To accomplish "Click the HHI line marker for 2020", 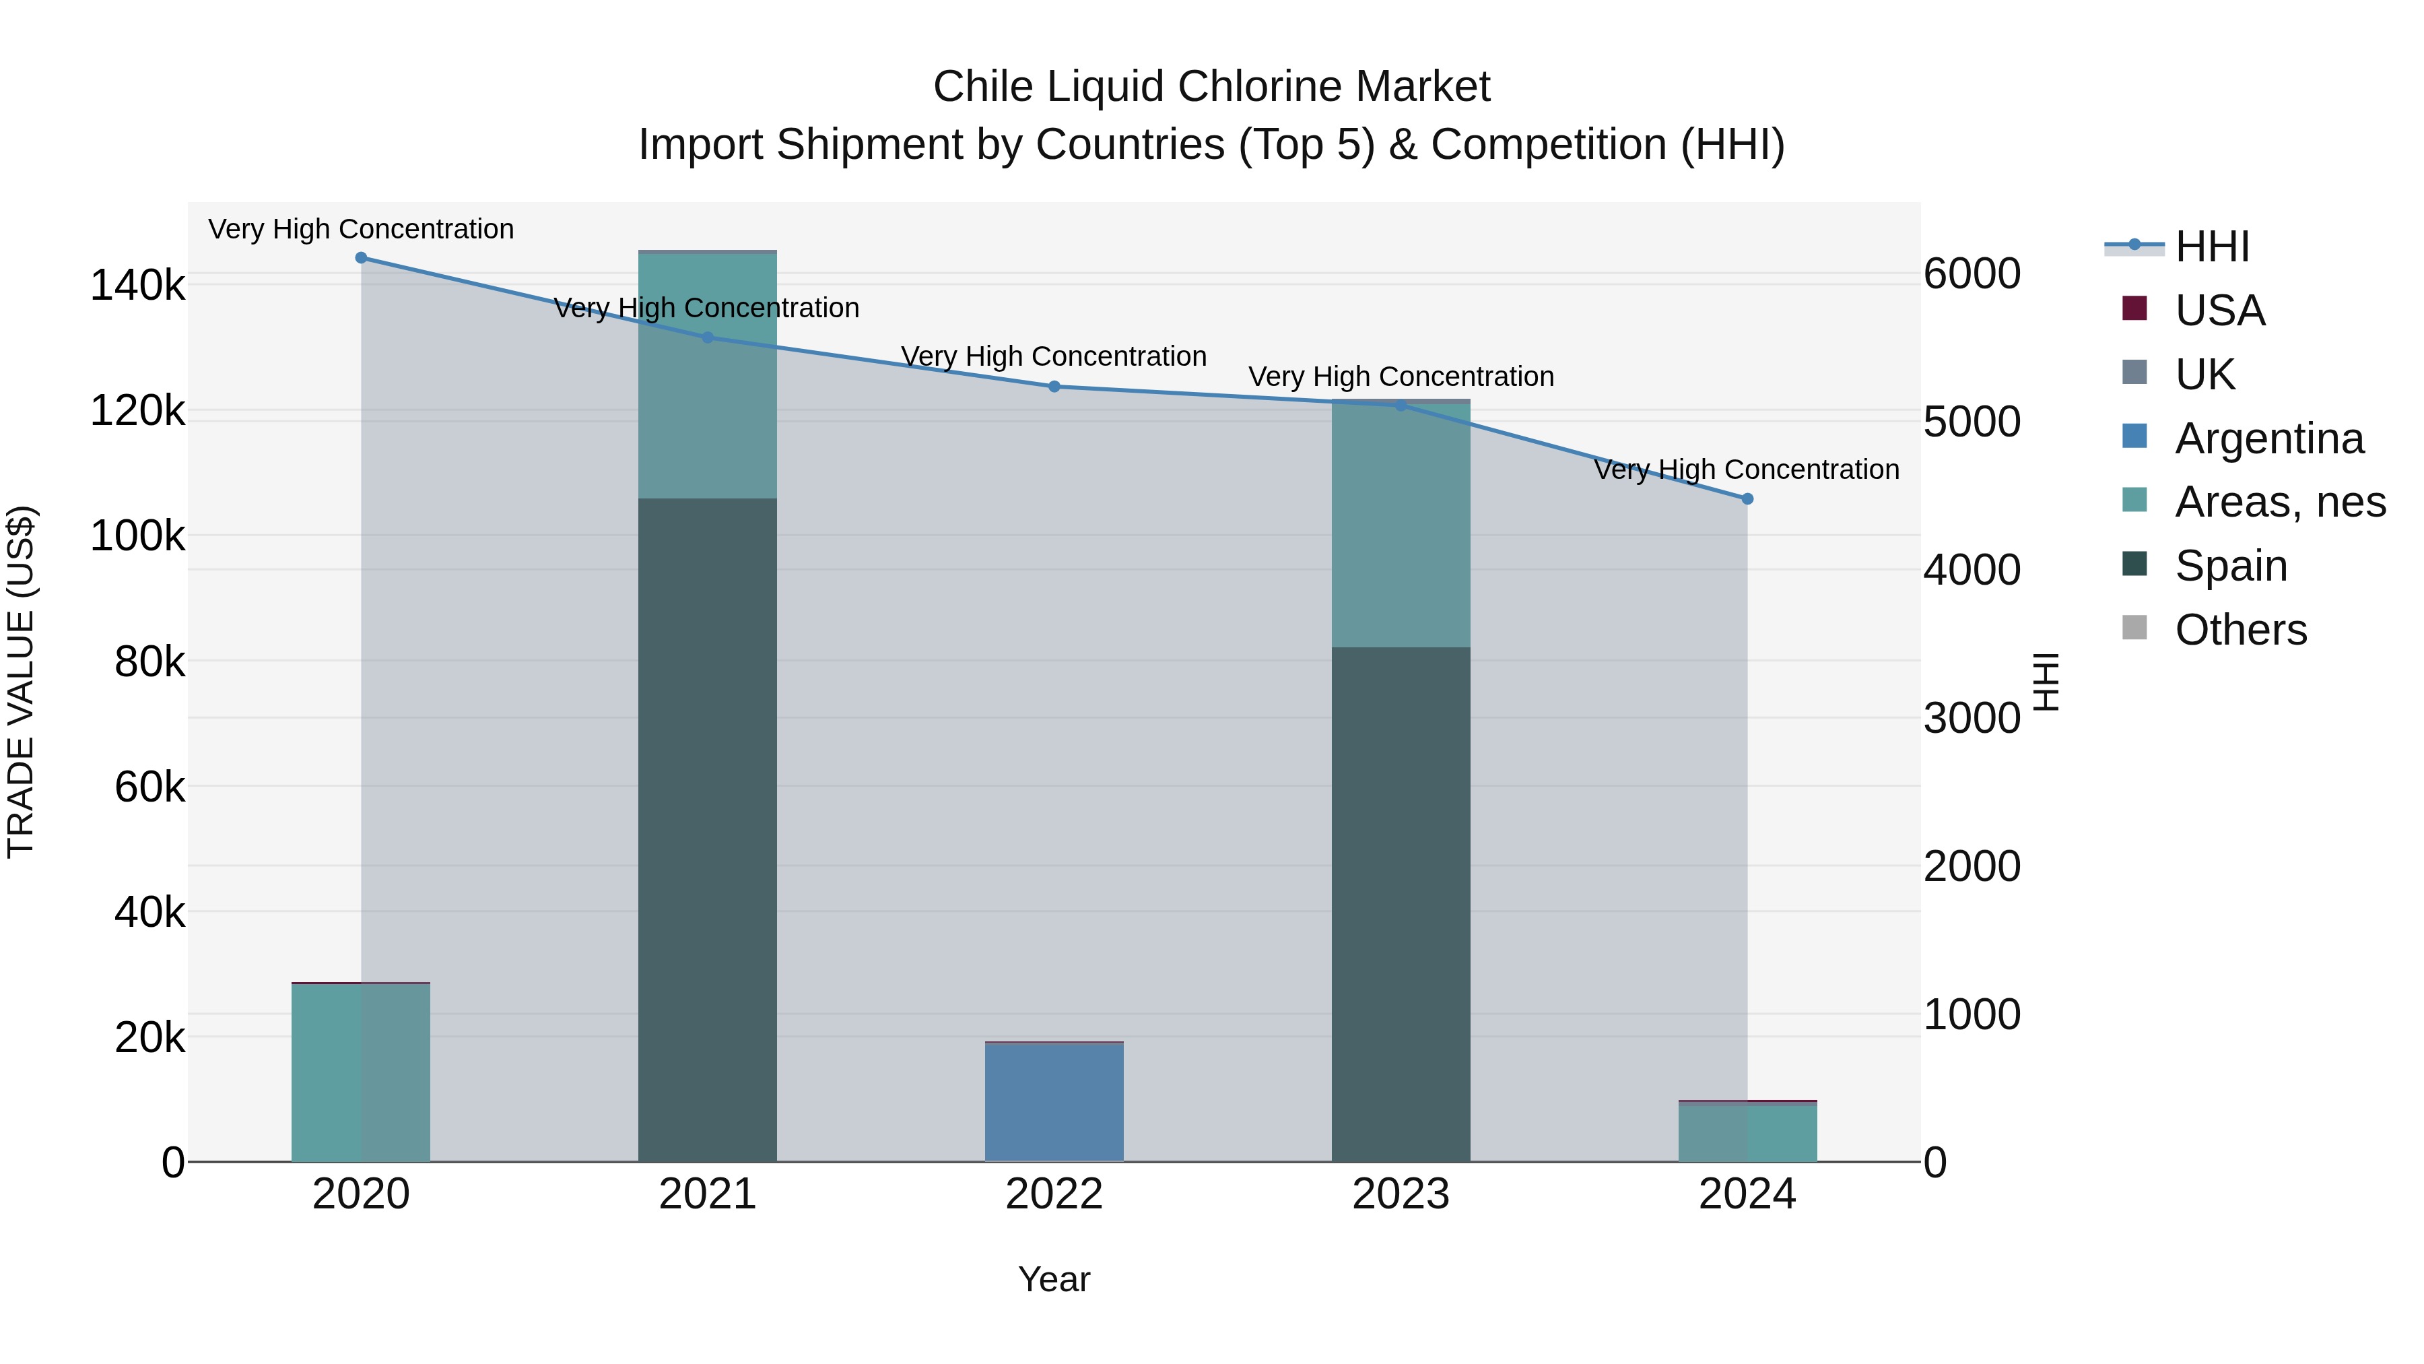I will (x=362, y=258).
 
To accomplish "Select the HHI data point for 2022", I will (x=1054, y=387).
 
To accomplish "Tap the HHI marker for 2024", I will (x=1747, y=499).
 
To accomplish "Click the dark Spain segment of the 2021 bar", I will (x=708, y=829).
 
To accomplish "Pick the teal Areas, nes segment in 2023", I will (x=1401, y=524).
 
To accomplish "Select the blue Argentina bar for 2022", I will (x=1054, y=1102).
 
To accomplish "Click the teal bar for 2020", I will (x=362, y=1073).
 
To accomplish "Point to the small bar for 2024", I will (x=1747, y=1132).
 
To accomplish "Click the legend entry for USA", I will (x=2218, y=311).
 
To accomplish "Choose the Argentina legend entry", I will (x=2268, y=439).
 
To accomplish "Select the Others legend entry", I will (x=2240, y=630).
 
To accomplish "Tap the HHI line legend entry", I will (x=2211, y=247).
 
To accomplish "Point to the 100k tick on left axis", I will (x=137, y=537).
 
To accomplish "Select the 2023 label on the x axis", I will (x=1401, y=1194).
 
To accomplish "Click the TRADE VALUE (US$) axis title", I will (x=21, y=682).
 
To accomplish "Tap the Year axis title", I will (x=1054, y=1279).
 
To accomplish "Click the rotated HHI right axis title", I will (x=2046, y=682).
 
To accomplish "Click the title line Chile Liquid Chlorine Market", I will (x=1211, y=87).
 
